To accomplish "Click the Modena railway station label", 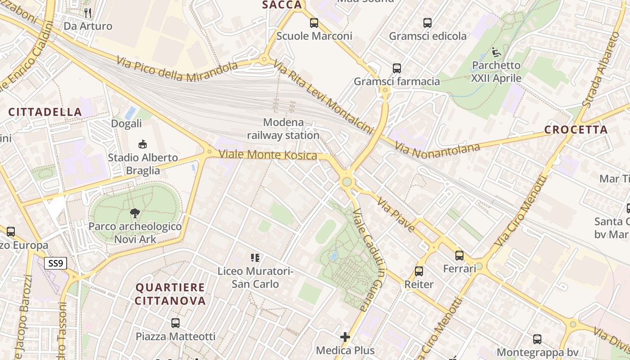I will click(x=283, y=129).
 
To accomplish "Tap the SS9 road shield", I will click(x=55, y=263).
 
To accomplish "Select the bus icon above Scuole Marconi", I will click(x=314, y=22).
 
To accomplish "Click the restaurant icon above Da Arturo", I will click(x=88, y=13).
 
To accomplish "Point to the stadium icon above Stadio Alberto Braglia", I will click(x=143, y=144).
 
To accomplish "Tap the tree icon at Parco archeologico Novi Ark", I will click(x=135, y=213).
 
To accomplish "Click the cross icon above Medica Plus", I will click(x=345, y=337).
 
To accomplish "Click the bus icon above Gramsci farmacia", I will click(x=396, y=68).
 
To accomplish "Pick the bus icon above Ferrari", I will click(x=459, y=256).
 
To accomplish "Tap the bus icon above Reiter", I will click(x=419, y=271).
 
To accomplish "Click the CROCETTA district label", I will click(x=576, y=130).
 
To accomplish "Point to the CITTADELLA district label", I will click(x=45, y=112).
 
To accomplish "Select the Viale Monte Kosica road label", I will click(x=268, y=155).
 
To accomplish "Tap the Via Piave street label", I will click(x=396, y=215).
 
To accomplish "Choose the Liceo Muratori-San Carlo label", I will click(x=255, y=278).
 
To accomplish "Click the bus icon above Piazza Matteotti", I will click(x=175, y=323).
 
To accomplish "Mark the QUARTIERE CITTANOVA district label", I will click(x=171, y=294).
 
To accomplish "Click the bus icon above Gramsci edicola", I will click(x=427, y=22).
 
